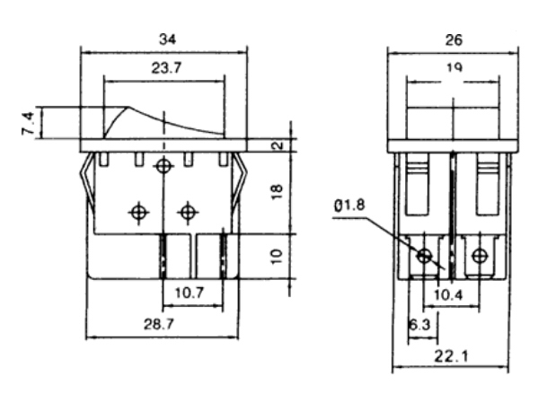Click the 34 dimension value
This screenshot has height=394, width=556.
click(x=167, y=39)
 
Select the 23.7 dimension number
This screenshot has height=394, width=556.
click(x=167, y=67)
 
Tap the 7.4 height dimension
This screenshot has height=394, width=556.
click(x=28, y=123)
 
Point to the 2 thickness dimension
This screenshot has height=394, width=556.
click(x=279, y=144)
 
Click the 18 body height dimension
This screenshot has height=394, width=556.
click(x=278, y=192)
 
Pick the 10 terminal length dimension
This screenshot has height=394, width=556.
click(x=277, y=256)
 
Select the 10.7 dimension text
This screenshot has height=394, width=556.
click(x=190, y=293)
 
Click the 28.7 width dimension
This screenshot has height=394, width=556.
click(x=159, y=324)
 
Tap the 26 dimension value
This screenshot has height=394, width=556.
click(x=454, y=40)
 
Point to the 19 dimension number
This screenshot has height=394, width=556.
click(x=455, y=67)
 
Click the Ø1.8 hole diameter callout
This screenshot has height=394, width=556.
click(x=349, y=206)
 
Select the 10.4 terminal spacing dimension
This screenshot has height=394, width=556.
click(x=448, y=294)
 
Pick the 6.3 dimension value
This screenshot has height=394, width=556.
click(x=419, y=324)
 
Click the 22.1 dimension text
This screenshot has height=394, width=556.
click(x=451, y=355)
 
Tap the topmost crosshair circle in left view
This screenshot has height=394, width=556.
click(x=163, y=166)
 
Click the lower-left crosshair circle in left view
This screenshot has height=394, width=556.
click(x=139, y=213)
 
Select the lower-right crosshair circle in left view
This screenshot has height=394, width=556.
click(x=188, y=213)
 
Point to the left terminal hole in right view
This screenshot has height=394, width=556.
click(x=424, y=256)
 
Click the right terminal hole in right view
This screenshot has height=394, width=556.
click(x=480, y=256)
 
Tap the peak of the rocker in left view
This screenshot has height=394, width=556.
click(x=128, y=107)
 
